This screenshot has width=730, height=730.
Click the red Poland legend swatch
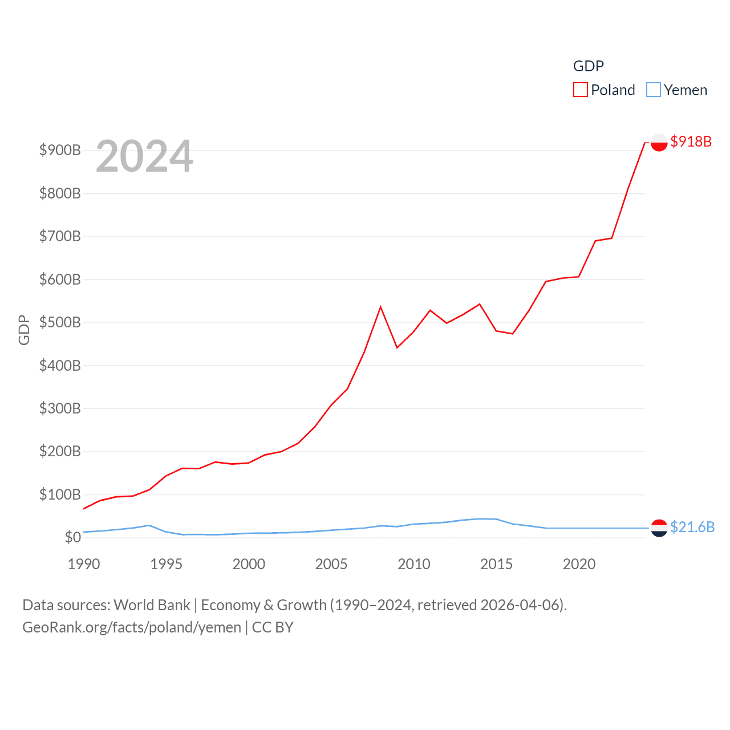[580, 90]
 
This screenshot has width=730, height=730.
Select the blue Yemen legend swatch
[653, 90]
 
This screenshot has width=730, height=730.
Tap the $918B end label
[691, 141]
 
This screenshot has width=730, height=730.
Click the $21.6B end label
[692, 527]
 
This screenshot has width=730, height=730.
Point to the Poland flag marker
[659, 143]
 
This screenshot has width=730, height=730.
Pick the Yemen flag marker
[659, 528]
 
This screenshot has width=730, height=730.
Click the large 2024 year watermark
[144, 156]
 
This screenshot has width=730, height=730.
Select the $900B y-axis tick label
[60, 151]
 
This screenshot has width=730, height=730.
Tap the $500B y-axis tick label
[60, 323]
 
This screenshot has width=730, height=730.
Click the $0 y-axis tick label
[72, 537]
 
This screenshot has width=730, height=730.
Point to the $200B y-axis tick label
[60, 452]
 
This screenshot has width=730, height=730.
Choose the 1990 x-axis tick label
[84, 564]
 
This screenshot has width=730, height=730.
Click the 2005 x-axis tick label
[331, 564]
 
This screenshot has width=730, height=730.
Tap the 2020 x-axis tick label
[579, 564]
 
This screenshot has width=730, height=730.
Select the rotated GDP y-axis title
[23, 330]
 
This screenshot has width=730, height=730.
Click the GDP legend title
[588, 66]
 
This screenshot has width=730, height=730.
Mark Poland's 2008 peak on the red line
[380, 307]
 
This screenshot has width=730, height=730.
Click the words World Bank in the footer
[152, 605]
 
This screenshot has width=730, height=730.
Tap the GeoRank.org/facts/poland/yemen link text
[132, 627]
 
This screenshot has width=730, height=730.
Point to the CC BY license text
[273, 627]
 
